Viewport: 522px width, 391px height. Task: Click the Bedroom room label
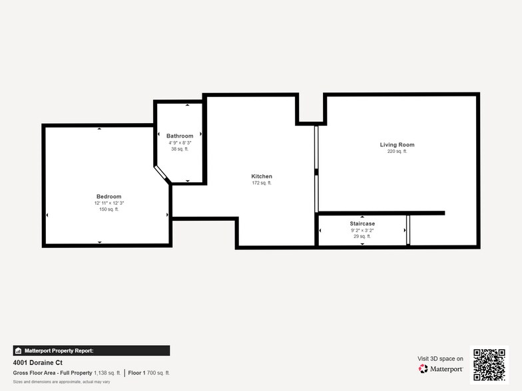click(x=109, y=196)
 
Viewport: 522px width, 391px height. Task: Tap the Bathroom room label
click(x=180, y=136)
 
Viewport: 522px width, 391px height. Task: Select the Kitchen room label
click(x=262, y=176)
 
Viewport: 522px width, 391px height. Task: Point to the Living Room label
click(x=397, y=144)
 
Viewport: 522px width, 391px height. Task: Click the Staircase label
click(x=362, y=223)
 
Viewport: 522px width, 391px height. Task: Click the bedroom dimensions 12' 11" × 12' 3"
click(x=109, y=203)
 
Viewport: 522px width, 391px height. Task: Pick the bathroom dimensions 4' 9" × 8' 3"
click(x=180, y=142)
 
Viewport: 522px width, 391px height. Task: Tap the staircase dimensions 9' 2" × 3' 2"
click(x=362, y=230)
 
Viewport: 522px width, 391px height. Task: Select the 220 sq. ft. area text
click(x=397, y=151)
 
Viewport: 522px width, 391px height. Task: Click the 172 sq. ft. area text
click(x=262, y=183)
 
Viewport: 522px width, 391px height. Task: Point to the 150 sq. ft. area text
click(x=109, y=209)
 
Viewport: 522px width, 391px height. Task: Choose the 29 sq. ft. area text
click(x=362, y=237)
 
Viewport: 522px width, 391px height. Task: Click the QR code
click(x=489, y=364)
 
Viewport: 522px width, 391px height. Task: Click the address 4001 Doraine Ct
click(x=37, y=363)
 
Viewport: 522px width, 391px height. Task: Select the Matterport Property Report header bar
click(x=91, y=350)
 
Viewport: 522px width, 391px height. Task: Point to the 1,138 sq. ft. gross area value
click(x=107, y=373)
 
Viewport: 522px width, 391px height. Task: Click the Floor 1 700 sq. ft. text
click(x=149, y=373)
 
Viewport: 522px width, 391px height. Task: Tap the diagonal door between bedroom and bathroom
click(x=162, y=174)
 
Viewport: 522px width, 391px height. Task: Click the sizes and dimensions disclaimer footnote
click(x=61, y=382)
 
